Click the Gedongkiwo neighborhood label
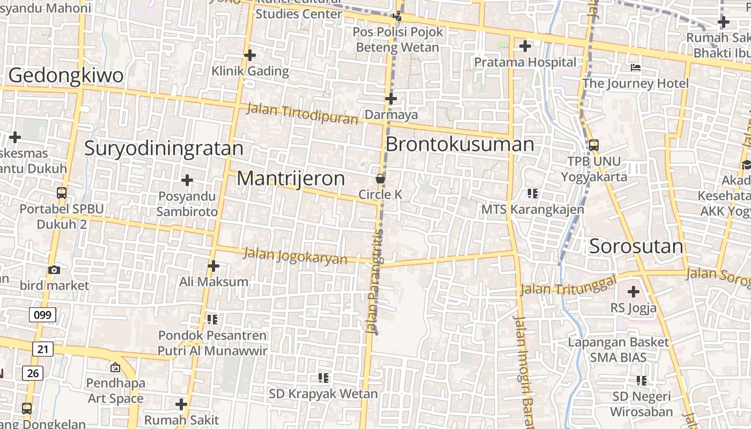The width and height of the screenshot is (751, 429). [x=66, y=76]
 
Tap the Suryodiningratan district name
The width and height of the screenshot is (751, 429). [x=164, y=148]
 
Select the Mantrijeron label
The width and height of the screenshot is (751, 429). [x=291, y=179]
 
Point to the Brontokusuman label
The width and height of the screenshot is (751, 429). [x=460, y=144]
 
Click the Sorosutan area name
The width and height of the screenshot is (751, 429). [x=636, y=247]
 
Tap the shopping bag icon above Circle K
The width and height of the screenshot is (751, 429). [x=380, y=179]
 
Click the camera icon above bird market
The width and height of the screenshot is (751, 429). [x=54, y=270]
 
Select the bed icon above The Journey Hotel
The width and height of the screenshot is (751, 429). [x=636, y=68]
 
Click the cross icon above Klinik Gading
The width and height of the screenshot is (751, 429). [x=250, y=55]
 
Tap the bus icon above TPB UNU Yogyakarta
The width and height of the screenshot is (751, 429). [x=594, y=145]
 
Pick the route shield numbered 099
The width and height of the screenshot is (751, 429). [x=42, y=315]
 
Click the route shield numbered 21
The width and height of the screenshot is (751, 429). [x=43, y=350]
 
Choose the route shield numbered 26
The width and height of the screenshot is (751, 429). [x=33, y=373]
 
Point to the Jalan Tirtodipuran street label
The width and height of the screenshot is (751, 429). [x=302, y=114]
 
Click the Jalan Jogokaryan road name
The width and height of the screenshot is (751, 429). [x=296, y=255]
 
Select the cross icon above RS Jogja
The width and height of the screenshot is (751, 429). [x=634, y=292]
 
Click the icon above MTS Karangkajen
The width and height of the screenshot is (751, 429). [x=532, y=193]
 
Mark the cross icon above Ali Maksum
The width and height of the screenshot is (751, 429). [x=213, y=265]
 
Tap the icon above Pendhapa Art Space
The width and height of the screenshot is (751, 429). [x=115, y=367]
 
